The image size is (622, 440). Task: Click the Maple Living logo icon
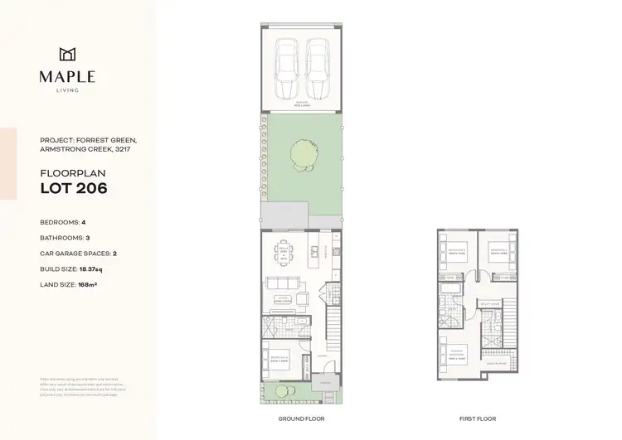pos(67,55)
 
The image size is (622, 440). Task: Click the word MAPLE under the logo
pos(67,77)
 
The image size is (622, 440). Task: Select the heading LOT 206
pos(74,189)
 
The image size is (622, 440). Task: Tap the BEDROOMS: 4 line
pos(63,222)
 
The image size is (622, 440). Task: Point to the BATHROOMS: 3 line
pos(65,238)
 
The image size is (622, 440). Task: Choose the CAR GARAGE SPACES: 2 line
pos(79,254)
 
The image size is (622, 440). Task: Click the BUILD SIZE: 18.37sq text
pos(75,269)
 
